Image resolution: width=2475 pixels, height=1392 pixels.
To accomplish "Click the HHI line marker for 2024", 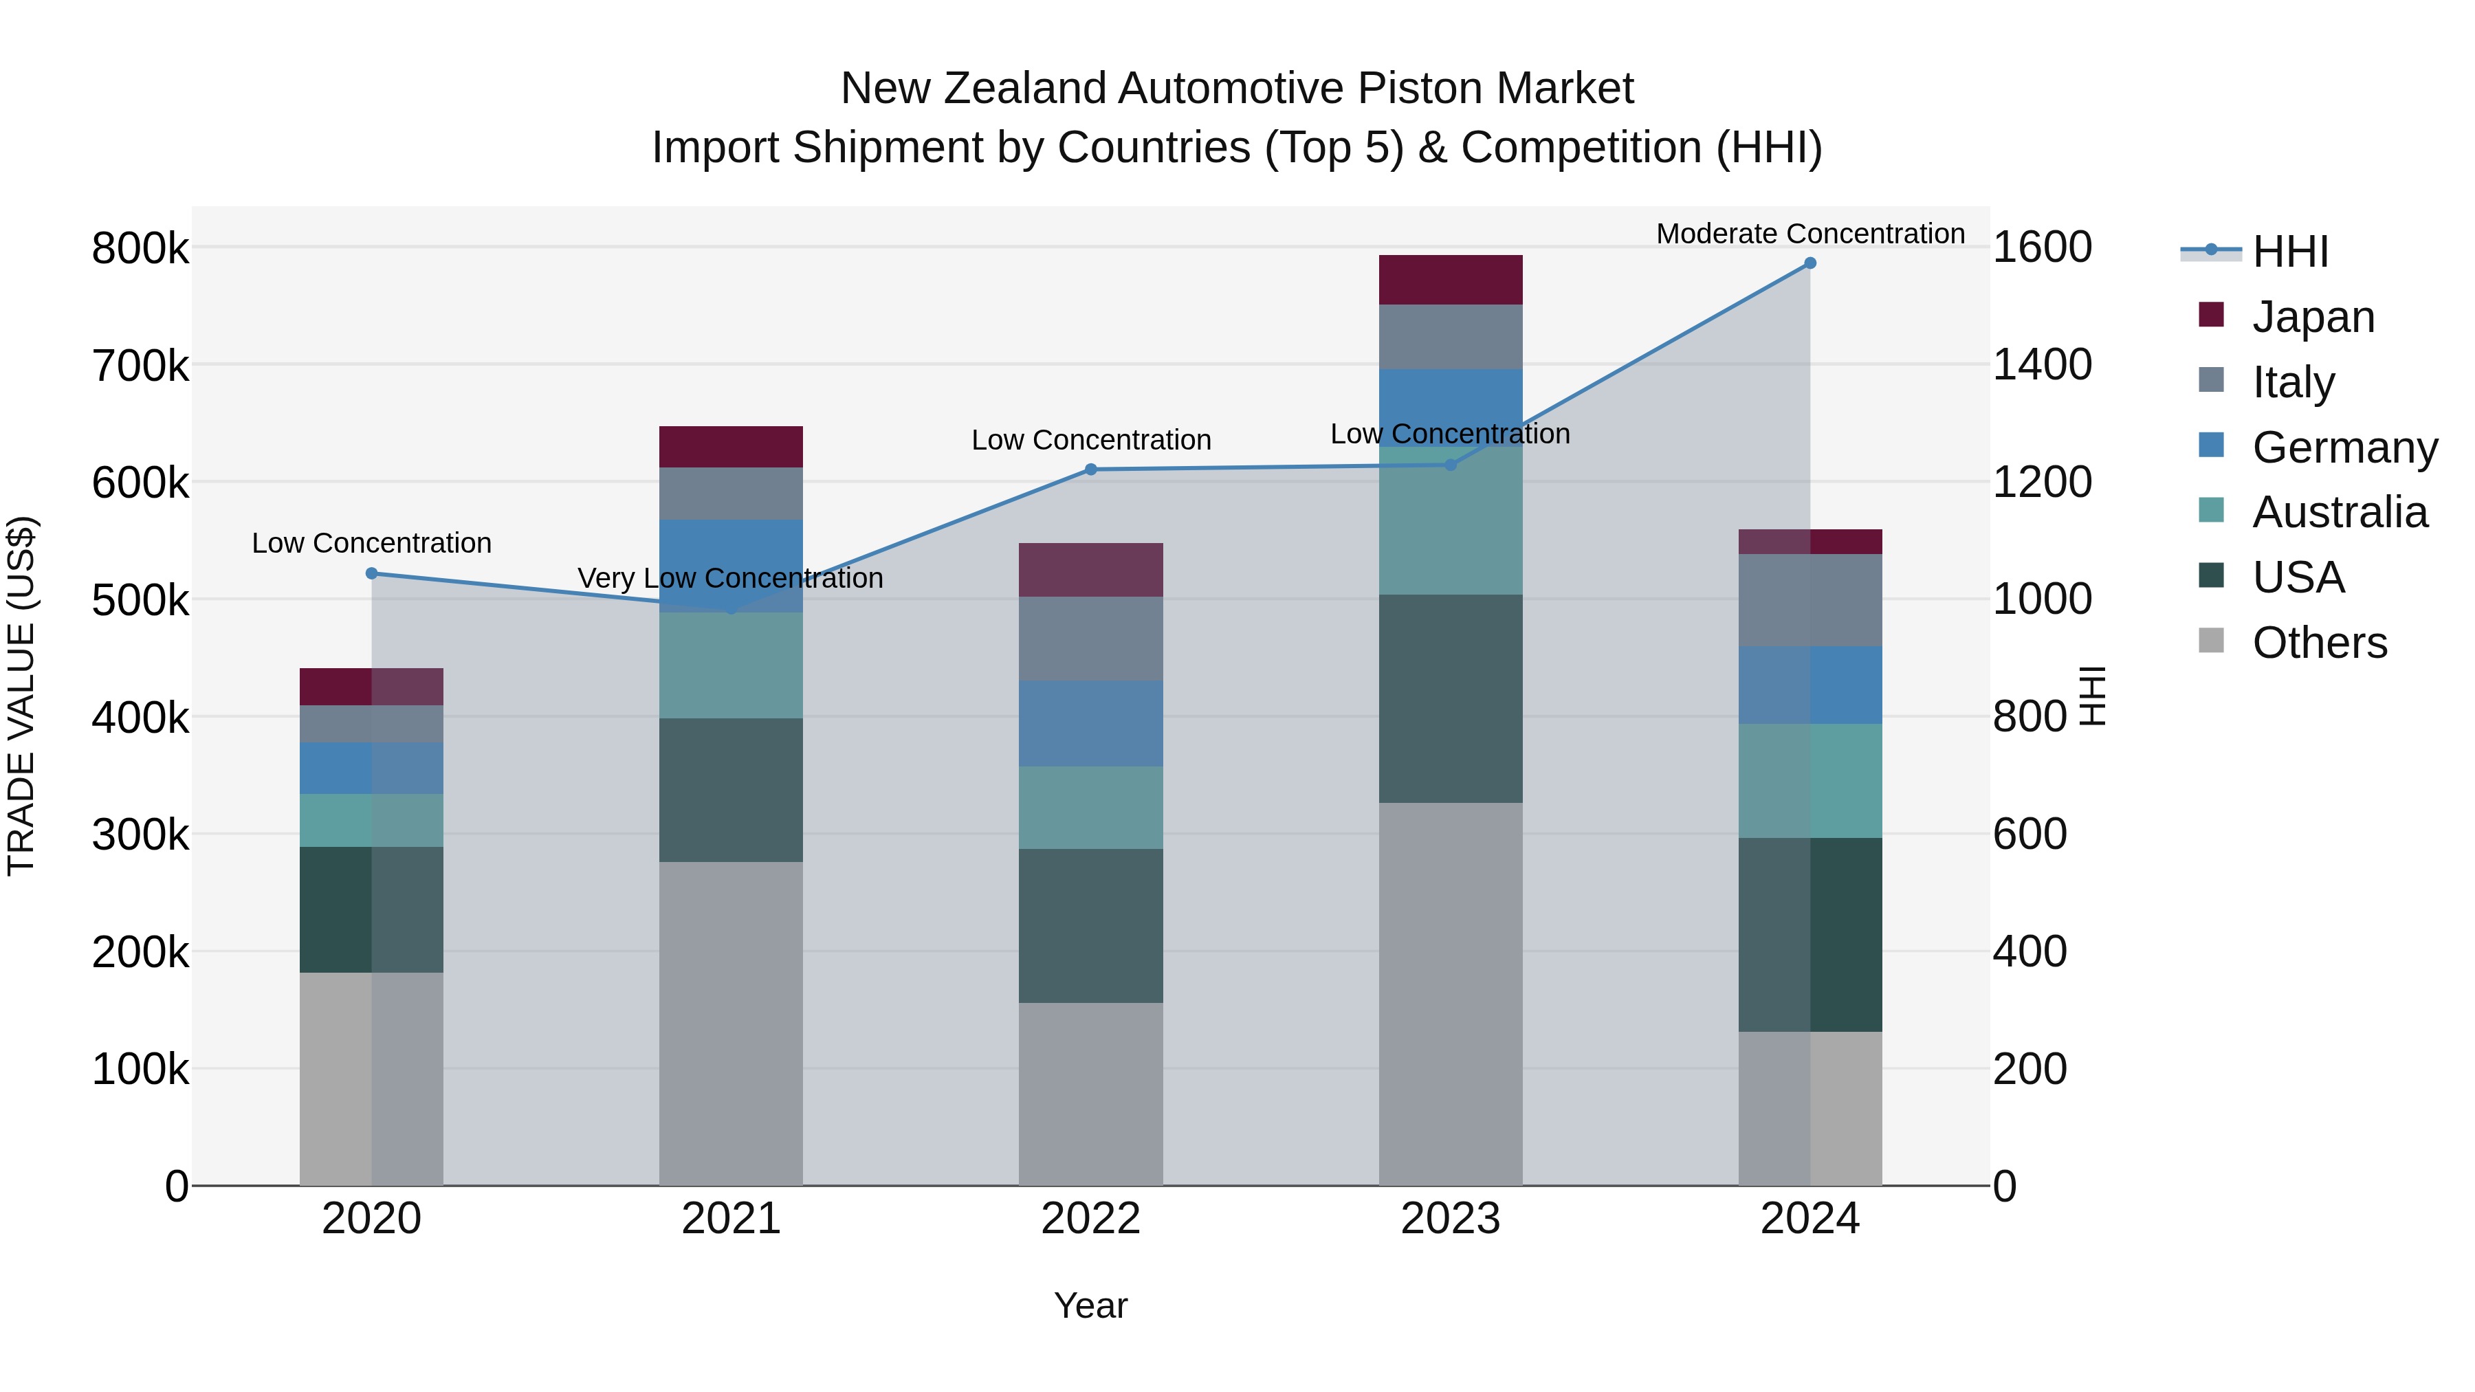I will pyautogui.click(x=1810, y=263).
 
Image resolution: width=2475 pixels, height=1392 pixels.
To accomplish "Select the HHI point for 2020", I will pyautogui.click(x=372, y=573).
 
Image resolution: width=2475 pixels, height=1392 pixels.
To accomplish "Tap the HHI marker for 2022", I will pyautogui.click(x=1090, y=469).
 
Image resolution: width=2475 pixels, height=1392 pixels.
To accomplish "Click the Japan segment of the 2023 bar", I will pyautogui.click(x=1451, y=280).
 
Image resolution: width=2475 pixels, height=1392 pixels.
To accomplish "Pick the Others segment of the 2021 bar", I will pyautogui.click(x=731, y=1023).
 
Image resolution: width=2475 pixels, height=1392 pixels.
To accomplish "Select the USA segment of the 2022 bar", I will pyautogui.click(x=1090, y=926).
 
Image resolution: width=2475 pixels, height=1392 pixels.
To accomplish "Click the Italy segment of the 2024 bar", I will pyautogui.click(x=1810, y=600).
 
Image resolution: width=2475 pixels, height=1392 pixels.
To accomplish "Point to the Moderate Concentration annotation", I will pyautogui.click(x=1810, y=234).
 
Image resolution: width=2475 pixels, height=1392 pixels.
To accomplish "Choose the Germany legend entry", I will pyautogui.click(x=2344, y=448).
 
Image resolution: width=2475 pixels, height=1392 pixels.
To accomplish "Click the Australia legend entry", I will pyautogui.click(x=2340, y=512).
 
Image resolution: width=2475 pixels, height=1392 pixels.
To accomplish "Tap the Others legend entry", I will pyautogui.click(x=2320, y=643).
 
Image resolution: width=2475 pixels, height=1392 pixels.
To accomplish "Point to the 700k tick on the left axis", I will pyautogui.click(x=140, y=366).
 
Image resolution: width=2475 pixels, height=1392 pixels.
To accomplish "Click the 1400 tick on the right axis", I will pyautogui.click(x=2042, y=365).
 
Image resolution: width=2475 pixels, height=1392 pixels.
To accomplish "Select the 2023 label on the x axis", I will pyautogui.click(x=1451, y=1219).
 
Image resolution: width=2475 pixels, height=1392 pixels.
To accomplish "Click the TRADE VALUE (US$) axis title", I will pyautogui.click(x=22, y=696).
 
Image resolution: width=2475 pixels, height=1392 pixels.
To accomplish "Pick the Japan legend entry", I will pyautogui.click(x=2313, y=317).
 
